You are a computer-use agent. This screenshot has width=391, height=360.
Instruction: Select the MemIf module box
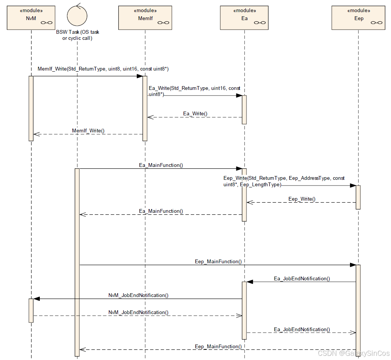pyautogui.click(x=144, y=17)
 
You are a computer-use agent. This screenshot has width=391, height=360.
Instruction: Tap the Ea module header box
pyautogui.click(x=244, y=17)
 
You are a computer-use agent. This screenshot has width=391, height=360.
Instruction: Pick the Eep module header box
pyautogui.click(x=358, y=17)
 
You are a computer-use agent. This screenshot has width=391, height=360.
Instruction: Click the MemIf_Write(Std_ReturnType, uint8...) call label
pyautogui.click(x=103, y=69)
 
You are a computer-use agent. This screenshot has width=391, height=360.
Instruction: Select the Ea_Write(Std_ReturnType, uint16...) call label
pyautogui.click(x=194, y=91)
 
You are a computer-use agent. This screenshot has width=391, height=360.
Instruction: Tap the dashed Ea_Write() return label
pyautogui.click(x=195, y=113)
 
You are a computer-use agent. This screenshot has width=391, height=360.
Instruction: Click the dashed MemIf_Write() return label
pyautogui.click(x=88, y=130)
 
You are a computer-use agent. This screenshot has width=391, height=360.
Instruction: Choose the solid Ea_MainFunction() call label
pyautogui.click(x=161, y=165)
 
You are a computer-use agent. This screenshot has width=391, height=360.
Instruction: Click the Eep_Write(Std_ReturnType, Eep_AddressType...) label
pyautogui.click(x=284, y=181)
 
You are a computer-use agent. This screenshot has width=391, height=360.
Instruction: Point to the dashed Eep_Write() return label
pyautogui.click(x=302, y=199)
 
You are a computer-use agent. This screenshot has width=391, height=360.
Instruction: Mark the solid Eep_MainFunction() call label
pyautogui.click(x=218, y=261)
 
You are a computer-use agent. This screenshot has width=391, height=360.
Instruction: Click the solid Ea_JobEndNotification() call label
pyautogui.click(x=302, y=278)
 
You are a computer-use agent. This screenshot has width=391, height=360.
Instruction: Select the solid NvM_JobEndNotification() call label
pyautogui.click(x=138, y=295)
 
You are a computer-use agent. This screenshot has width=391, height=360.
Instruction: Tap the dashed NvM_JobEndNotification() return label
pyautogui.click(x=138, y=312)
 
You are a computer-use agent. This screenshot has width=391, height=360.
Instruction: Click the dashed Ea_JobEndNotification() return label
pyautogui.click(x=302, y=329)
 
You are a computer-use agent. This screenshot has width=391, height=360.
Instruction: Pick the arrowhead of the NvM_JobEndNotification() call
pyautogui.click(x=36, y=299)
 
